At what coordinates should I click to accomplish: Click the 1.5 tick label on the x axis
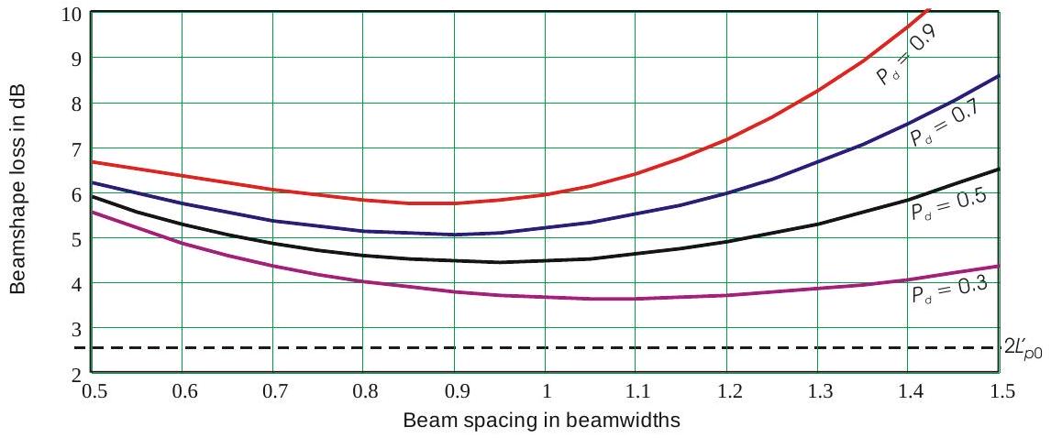coord(1002,391)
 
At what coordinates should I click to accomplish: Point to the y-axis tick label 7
coord(76,148)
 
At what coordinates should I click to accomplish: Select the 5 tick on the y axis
coord(76,238)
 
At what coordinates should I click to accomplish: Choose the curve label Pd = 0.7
coord(946,124)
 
